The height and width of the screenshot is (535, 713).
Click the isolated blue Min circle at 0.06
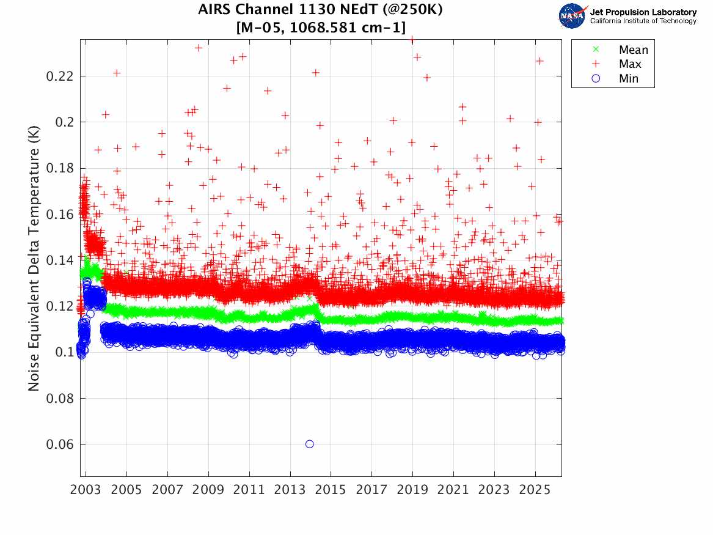[x=310, y=444]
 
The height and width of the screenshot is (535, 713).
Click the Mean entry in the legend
[x=633, y=50]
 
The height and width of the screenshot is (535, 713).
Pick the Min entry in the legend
[x=629, y=78]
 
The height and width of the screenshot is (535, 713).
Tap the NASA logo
[x=572, y=16]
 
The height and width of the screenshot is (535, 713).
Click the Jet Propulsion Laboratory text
[x=643, y=12]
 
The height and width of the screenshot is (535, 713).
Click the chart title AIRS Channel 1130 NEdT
[x=321, y=10]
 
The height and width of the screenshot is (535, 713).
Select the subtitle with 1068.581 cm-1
[x=321, y=26]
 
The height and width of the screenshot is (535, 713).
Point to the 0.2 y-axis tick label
[x=64, y=122]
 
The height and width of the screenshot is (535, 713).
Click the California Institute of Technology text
[x=643, y=21]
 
